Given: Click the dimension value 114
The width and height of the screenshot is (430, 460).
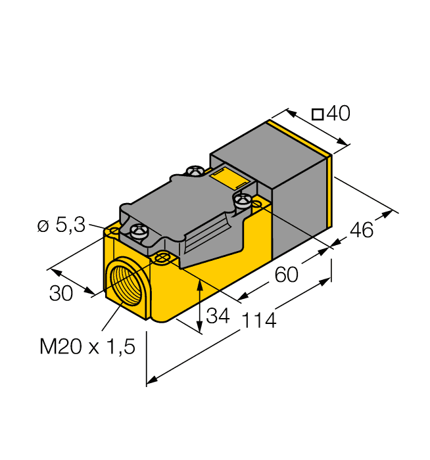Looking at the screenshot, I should (260, 321).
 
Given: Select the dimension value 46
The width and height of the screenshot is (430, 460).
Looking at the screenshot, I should (360, 230).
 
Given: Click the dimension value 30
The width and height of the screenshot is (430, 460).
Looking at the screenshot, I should (61, 294).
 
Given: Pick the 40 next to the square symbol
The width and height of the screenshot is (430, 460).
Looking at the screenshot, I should (339, 114).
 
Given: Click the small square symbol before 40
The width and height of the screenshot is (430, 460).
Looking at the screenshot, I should (317, 114).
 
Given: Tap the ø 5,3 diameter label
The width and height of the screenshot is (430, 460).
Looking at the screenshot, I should (61, 226).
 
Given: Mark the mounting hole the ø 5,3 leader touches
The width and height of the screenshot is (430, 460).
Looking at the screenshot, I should (114, 233).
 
